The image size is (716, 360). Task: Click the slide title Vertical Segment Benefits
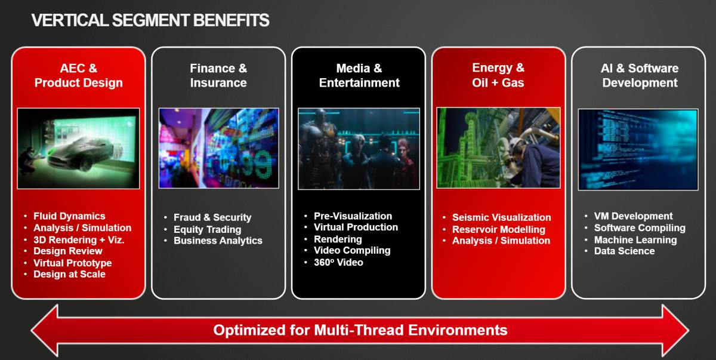[x=150, y=20]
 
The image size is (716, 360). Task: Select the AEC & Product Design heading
[x=79, y=75]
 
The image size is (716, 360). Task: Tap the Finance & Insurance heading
[x=218, y=75]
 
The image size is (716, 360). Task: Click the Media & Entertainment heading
[x=359, y=75]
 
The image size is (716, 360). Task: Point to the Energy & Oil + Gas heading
[x=498, y=75]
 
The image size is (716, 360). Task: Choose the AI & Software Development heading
[x=640, y=75]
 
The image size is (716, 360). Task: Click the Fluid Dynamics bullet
[x=69, y=216]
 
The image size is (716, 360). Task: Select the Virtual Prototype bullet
[x=73, y=263]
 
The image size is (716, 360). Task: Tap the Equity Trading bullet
[x=208, y=229]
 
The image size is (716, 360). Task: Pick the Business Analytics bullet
[x=218, y=241]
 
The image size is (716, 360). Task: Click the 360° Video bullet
[x=338, y=263]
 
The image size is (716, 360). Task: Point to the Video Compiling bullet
[x=352, y=251]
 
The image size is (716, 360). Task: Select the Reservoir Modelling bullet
[x=499, y=229]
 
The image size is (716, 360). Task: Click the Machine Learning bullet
[x=635, y=240]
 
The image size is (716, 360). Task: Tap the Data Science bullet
[x=624, y=251]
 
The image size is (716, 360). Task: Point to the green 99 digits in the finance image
[x=257, y=164]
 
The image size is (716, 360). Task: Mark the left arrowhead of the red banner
[x=45, y=330]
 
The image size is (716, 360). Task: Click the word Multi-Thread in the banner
[x=359, y=330]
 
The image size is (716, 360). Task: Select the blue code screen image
[x=638, y=149]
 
